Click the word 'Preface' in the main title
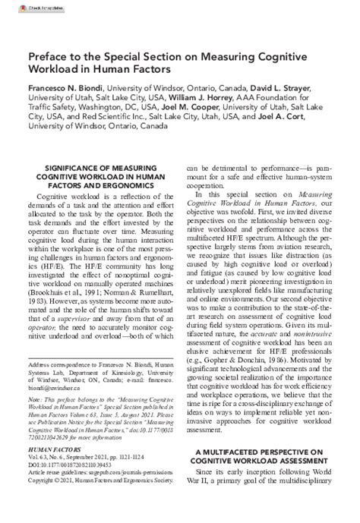[x=52, y=58]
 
